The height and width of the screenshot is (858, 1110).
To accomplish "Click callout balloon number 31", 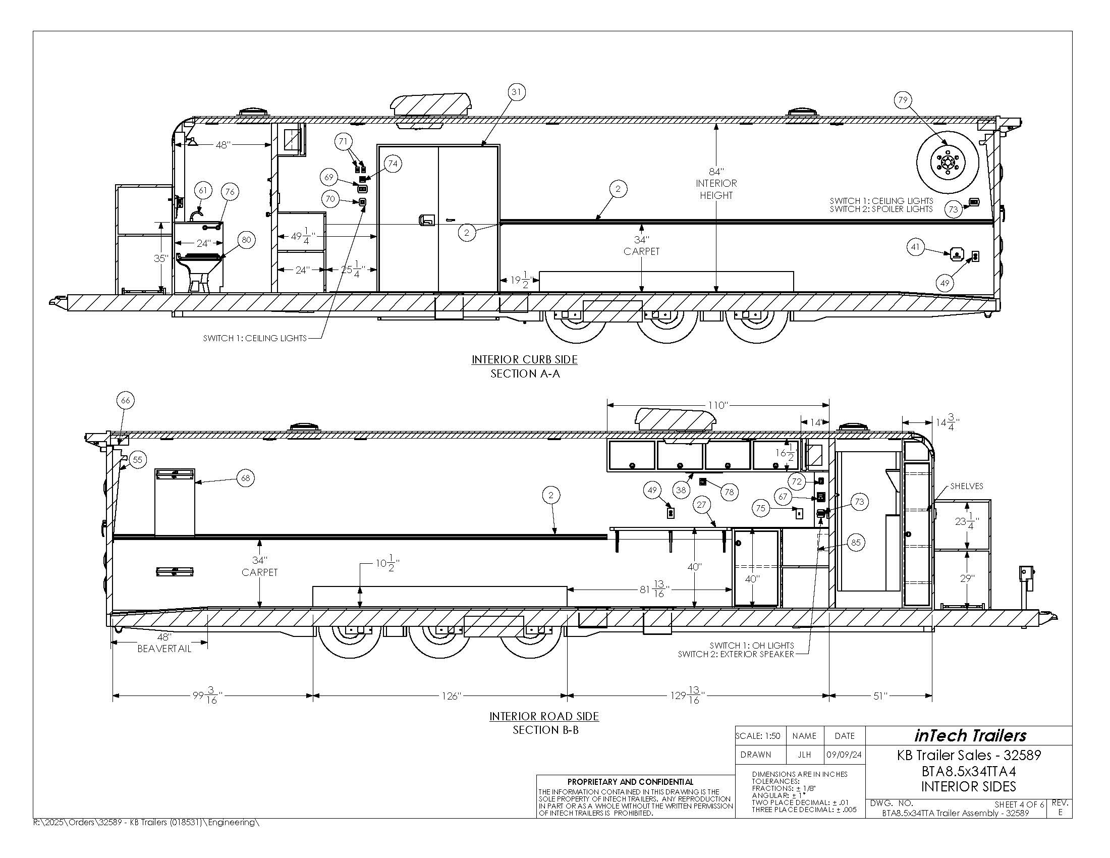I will [x=516, y=92].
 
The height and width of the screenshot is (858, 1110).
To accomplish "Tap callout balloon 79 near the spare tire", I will [x=903, y=100].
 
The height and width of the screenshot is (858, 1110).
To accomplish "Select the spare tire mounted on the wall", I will [x=947, y=163].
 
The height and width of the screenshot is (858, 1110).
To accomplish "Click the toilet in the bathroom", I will [x=199, y=270].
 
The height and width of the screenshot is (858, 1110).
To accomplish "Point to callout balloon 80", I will [x=247, y=240].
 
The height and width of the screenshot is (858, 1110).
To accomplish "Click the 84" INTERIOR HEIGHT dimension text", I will [x=716, y=184].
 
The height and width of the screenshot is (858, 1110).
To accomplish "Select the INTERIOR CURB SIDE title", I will [x=525, y=359].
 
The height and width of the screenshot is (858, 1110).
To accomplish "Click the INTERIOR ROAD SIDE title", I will [x=544, y=716].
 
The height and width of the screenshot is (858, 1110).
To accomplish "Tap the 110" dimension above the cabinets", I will [x=718, y=405].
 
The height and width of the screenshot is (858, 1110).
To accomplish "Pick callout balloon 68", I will [x=246, y=478].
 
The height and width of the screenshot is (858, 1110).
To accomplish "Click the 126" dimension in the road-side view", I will [x=450, y=696].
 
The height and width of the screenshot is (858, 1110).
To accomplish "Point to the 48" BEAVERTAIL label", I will [x=164, y=643].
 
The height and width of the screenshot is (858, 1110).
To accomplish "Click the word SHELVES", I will [x=967, y=486].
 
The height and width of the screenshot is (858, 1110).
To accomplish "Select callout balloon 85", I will [x=856, y=543].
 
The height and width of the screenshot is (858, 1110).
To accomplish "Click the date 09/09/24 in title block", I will [x=844, y=755].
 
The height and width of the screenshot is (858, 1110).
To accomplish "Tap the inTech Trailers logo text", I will [x=970, y=735].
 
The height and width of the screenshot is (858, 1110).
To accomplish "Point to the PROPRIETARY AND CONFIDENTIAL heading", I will [x=630, y=782].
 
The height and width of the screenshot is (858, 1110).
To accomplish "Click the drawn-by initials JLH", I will [x=805, y=755].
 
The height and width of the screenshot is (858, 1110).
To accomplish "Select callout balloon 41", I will [x=915, y=247].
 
